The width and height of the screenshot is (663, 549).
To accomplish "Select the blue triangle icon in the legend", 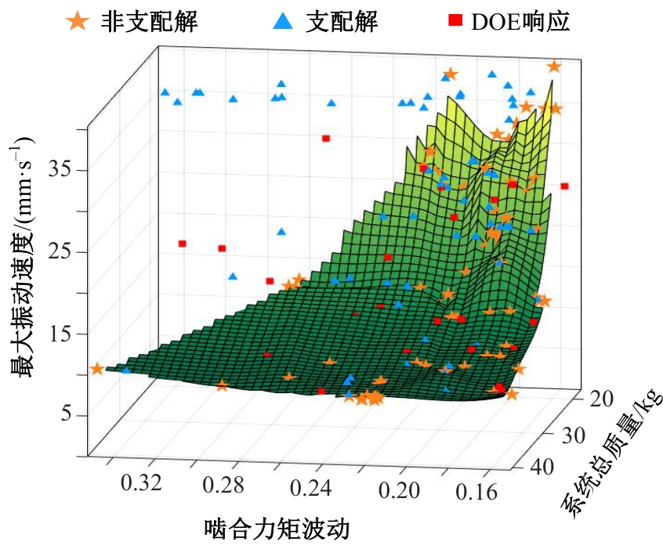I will [x=283, y=21].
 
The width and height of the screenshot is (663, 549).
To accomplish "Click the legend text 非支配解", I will [x=149, y=21].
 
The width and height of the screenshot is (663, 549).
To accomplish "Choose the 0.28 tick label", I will [x=226, y=487].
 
